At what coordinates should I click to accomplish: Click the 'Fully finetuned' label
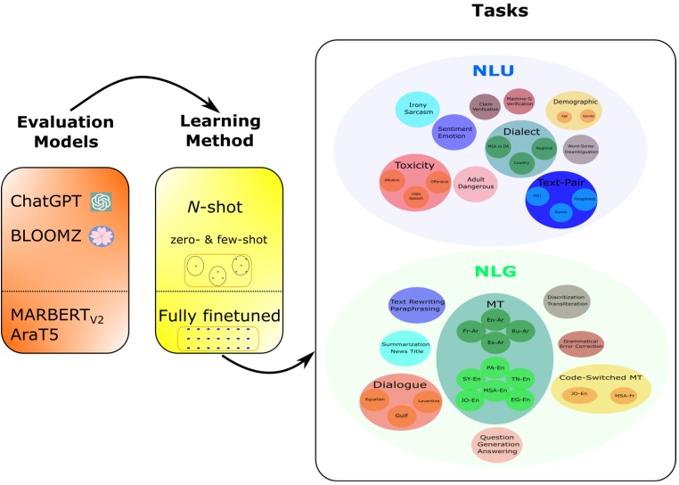click(x=218, y=315)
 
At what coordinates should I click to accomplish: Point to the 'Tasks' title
click(x=498, y=12)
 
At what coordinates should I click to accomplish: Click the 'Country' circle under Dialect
click(x=521, y=163)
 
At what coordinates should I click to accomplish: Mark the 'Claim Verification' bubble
click(x=485, y=106)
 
